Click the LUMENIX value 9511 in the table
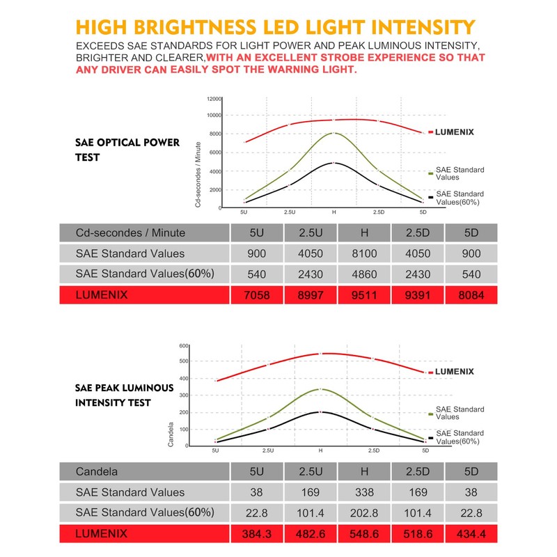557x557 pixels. (x=363, y=295)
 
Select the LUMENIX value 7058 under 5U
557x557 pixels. (x=257, y=295)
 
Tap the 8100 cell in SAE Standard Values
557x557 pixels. (x=363, y=253)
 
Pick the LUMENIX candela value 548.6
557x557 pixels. (x=363, y=535)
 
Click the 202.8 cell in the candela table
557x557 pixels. (x=363, y=513)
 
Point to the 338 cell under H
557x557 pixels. (x=363, y=492)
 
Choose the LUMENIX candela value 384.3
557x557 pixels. (x=257, y=535)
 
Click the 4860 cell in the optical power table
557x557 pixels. (x=363, y=274)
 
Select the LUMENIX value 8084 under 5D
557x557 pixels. (x=471, y=295)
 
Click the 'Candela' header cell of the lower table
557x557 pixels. (x=97, y=471)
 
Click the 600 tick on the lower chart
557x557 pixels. (x=184, y=346)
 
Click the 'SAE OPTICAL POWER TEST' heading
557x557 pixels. (x=127, y=150)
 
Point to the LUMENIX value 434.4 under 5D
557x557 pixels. (x=471, y=535)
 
